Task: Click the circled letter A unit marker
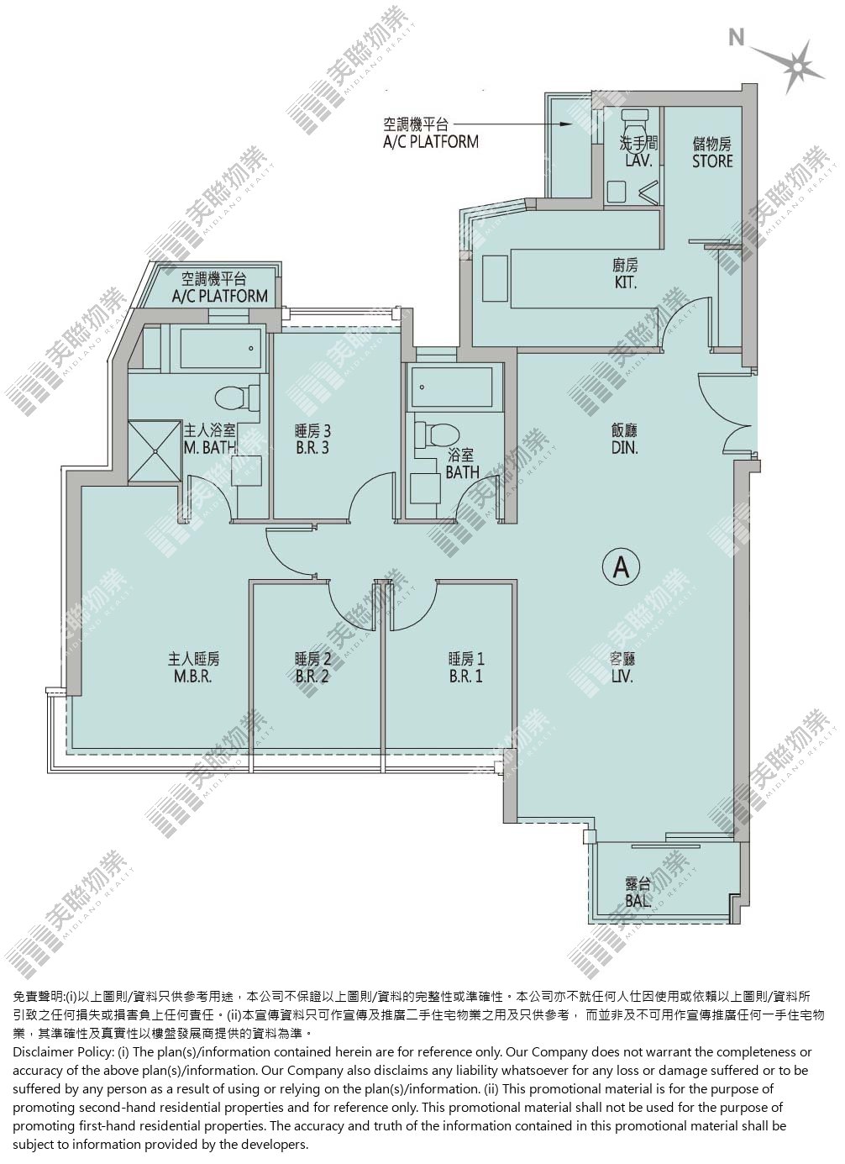(621, 567)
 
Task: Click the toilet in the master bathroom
(236, 398)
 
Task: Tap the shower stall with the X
(155, 452)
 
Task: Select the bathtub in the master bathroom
(221, 348)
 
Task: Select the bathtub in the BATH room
(451, 387)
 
